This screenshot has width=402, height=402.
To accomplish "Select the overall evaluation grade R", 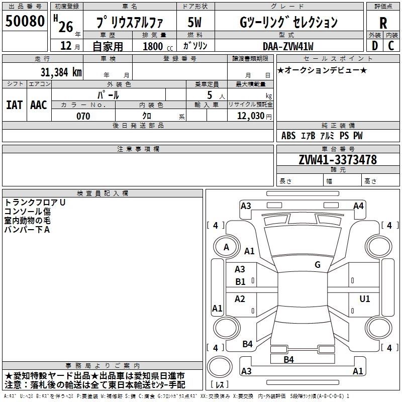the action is point(383,23).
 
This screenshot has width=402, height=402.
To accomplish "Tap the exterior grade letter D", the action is point(374,45).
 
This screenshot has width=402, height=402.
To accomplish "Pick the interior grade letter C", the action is point(391,45).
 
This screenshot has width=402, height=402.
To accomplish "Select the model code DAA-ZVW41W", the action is point(287,46).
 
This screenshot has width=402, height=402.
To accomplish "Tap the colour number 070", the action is point(83,116).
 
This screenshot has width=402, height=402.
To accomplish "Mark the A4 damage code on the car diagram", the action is point(358,206).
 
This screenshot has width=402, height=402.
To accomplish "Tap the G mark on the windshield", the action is point(317,265).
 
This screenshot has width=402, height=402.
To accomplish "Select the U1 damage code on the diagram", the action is point(364,299).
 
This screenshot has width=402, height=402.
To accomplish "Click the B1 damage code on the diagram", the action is point(240,282).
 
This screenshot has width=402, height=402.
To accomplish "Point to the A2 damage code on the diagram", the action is point(240,299).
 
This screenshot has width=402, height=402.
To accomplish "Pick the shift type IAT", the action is point(15,105).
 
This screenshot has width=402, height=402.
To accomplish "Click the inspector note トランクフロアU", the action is point(35,202).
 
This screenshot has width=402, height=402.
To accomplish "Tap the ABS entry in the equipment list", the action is point(288,136).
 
